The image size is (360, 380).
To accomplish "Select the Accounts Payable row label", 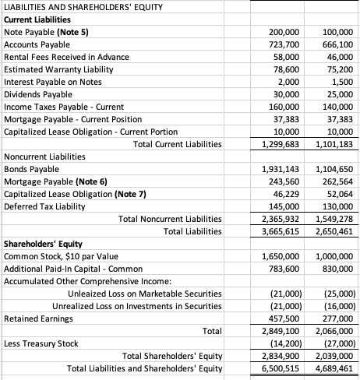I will point(37,45).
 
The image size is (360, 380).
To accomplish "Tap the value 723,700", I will point(285,46).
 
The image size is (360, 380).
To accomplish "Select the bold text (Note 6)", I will point(91,182).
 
